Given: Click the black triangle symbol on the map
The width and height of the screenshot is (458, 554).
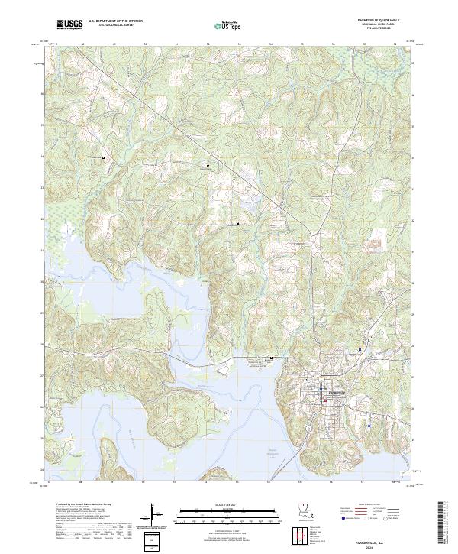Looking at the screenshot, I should [x=238, y=224].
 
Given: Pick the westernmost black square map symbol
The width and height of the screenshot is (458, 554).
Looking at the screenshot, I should [x=104, y=158].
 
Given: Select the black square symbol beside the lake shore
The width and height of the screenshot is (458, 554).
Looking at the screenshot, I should [x=271, y=358].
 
